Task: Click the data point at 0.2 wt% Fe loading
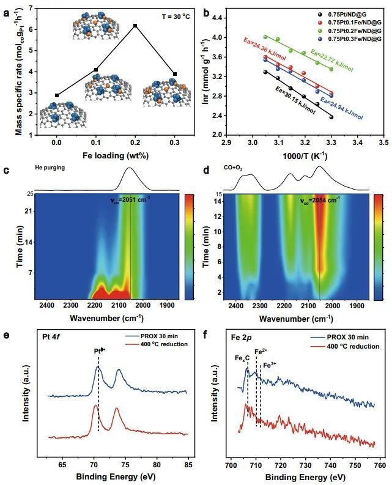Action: coord(135,26)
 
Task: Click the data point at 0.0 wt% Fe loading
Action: coord(57,95)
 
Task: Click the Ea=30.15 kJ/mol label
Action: coord(294,102)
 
